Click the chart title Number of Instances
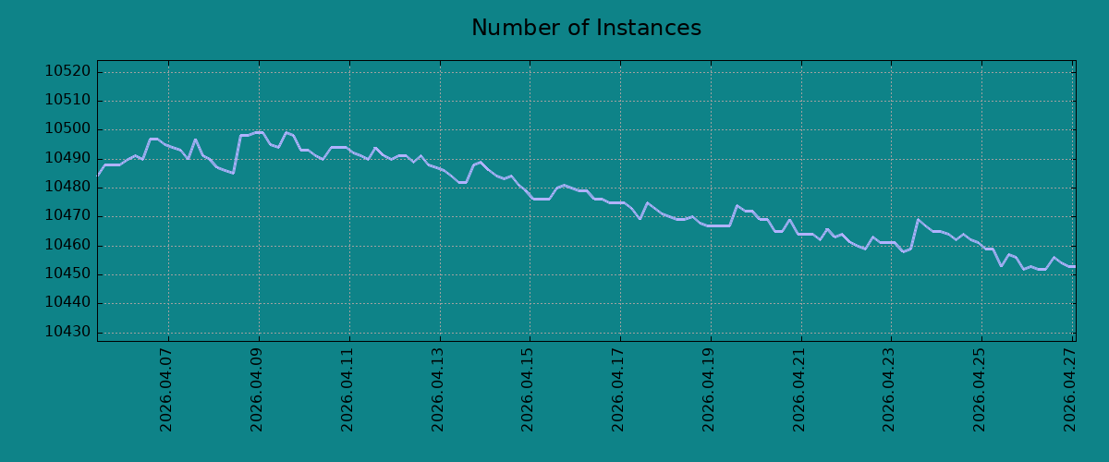coord(586,28)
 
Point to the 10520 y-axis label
coord(67,71)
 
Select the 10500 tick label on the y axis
coord(67,129)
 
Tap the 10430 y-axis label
coord(67,332)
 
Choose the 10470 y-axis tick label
coord(67,216)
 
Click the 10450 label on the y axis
coord(67,274)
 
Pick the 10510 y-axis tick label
coord(67,101)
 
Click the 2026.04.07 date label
coord(165,390)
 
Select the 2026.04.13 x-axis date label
coord(438,390)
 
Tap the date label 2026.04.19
coord(709,390)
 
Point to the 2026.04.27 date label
coord(1070,390)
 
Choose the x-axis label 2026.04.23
coord(889,390)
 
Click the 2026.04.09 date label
coord(257,390)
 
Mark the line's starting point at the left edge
coord(98,176)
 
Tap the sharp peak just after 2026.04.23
coord(918,219)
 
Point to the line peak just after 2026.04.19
coord(737,205)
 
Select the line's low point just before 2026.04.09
coord(233,174)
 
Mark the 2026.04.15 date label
coord(528,390)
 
